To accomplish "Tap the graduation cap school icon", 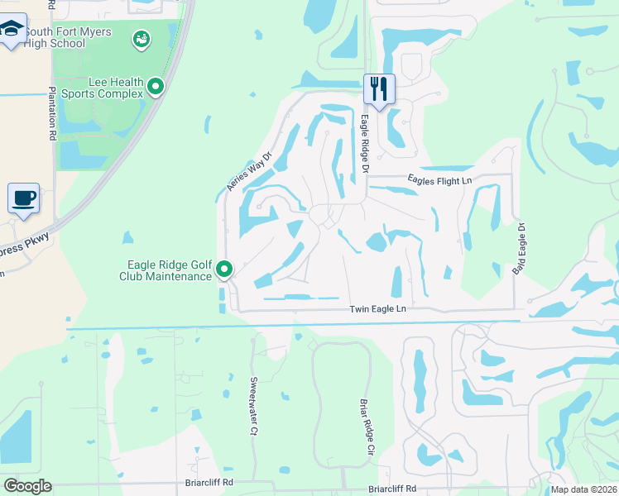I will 12,31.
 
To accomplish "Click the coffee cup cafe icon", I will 23,198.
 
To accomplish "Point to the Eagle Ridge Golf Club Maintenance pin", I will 224,269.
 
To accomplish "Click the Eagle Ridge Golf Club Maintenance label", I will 169,270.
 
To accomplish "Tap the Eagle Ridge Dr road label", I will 363,144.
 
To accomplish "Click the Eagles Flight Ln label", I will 439,180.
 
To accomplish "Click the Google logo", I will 26,486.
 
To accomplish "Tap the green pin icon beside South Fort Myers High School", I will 142,38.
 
